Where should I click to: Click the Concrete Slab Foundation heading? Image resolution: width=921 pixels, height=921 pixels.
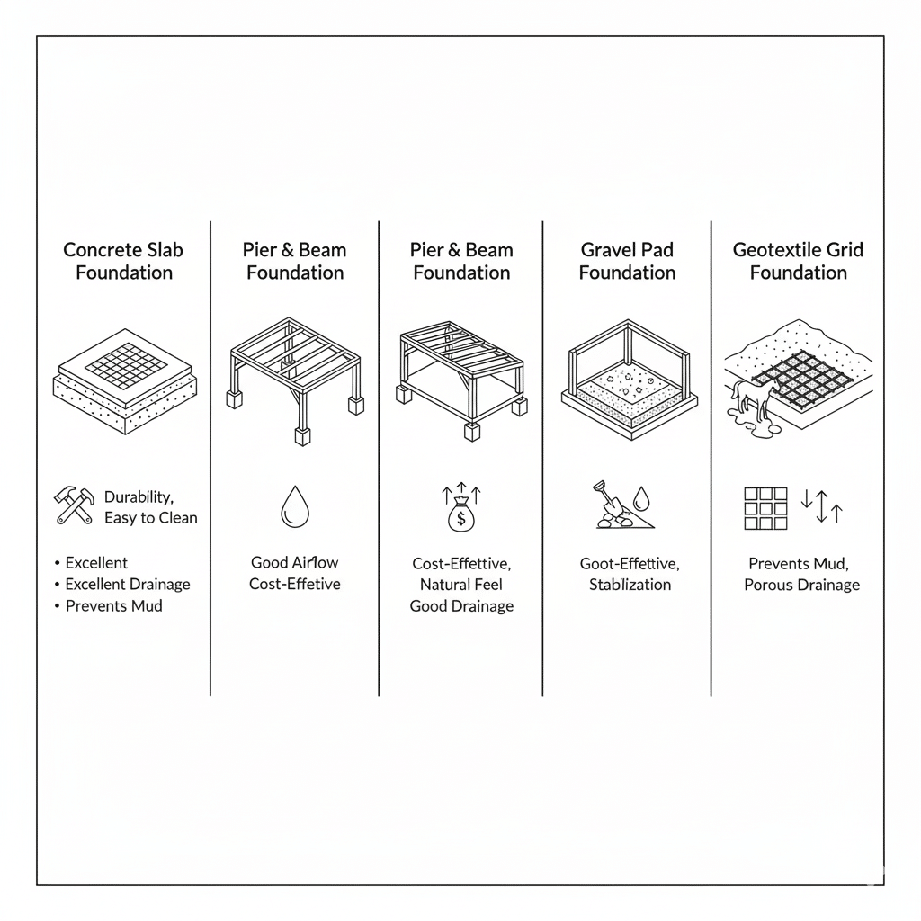click(x=124, y=261)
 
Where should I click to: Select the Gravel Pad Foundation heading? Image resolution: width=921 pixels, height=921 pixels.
click(x=627, y=261)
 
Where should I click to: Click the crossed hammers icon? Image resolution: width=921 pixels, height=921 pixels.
click(x=74, y=505)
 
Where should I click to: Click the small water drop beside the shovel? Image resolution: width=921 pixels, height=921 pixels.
click(x=640, y=498)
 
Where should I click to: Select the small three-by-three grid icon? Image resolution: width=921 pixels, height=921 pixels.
click(x=765, y=508)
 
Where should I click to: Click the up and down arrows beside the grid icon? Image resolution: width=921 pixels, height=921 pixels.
click(x=820, y=505)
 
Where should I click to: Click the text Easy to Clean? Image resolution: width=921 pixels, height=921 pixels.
click(x=150, y=518)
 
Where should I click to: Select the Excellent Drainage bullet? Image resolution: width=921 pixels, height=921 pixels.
click(x=127, y=585)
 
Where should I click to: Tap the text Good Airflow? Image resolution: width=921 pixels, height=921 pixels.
click(x=294, y=563)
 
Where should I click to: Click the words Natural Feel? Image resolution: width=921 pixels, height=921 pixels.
click(x=461, y=585)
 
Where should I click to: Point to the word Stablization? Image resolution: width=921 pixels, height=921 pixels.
click(x=630, y=585)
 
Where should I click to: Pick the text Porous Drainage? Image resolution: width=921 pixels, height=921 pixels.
click(x=801, y=585)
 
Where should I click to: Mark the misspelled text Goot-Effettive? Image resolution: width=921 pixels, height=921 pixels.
click(x=630, y=564)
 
